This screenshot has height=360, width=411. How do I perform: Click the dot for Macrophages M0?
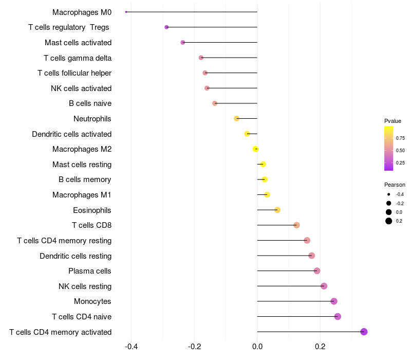click(x=126, y=12)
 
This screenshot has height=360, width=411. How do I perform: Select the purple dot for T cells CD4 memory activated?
click(x=364, y=332)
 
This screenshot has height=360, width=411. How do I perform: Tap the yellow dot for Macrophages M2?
click(x=255, y=149)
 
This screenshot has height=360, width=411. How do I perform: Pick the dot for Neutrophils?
click(x=236, y=119)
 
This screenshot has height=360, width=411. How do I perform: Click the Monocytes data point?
click(x=333, y=301)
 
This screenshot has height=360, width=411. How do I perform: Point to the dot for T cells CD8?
click(x=296, y=225)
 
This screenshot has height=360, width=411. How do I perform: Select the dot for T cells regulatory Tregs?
click(x=166, y=27)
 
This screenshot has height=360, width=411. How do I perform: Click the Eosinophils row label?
click(x=92, y=210)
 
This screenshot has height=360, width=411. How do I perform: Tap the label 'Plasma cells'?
click(x=89, y=271)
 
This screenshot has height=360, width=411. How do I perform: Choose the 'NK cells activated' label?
click(x=81, y=88)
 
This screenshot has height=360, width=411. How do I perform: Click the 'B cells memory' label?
click(x=85, y=179)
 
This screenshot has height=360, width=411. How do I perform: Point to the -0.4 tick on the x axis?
click(x=132, y=347)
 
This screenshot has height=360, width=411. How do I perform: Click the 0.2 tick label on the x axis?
click(x=320, y=347)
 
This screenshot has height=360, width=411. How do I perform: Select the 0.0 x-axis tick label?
click(x=257, y=347)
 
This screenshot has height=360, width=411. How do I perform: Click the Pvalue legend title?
click(x=393, y=121)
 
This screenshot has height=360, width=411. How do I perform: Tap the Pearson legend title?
click(x=395, y=185)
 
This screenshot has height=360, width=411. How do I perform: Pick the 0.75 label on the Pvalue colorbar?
click(x=400, y=138)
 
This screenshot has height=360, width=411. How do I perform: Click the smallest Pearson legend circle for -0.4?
click(x=389, y=194)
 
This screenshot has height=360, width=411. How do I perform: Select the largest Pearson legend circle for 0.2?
click(x=389, y=221)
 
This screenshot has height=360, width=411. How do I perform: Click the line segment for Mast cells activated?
click(x=220, y=43)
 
